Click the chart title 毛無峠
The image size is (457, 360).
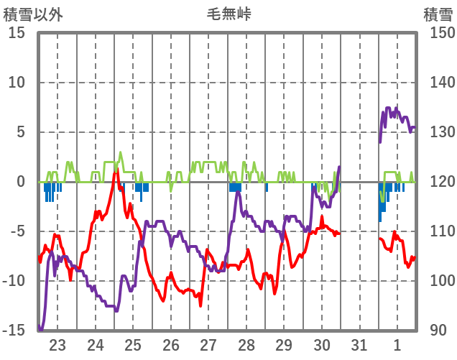(228, 14)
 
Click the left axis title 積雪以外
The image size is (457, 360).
(34, 14)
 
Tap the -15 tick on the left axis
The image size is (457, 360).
(14, 331)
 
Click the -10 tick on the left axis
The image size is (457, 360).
(14, 281)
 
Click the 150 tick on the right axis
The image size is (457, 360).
(437, 33)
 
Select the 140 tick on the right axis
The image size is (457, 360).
(437, 83)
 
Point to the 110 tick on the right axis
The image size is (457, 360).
(437, 231)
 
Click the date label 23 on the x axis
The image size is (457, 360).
(57, 345)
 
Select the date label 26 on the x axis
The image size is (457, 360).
(171, 345)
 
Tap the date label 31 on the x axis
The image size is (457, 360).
(360, 345)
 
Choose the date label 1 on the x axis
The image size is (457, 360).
(397, 345)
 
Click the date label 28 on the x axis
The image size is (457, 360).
(246, 345)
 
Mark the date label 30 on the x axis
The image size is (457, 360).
(322, 345)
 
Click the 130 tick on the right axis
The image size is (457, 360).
(437, 132)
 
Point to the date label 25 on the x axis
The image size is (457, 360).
(133, 345)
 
